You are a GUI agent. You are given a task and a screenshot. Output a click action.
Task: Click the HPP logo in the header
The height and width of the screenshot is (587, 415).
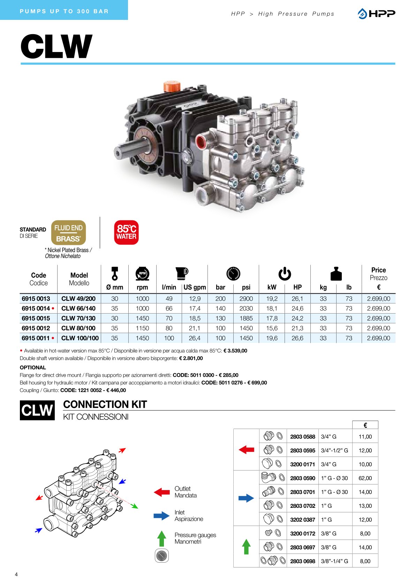pyautogui.click(x=376, y=14)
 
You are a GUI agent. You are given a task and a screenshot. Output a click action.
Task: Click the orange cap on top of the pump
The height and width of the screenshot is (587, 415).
pyautogui.click(x=172, y=86)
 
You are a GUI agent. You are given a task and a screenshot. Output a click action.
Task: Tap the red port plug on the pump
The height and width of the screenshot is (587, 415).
pyautogui.click(x=202, y=142)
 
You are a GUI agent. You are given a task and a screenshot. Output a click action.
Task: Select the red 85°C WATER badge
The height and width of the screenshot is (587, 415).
pyautogui.click(x=126, y=232)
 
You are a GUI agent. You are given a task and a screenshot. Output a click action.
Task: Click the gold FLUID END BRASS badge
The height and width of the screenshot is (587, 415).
pyautogui.click(x=68, y=233)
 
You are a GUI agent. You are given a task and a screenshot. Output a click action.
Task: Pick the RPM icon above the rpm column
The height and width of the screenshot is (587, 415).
pyautogui.click(x=142, y=274)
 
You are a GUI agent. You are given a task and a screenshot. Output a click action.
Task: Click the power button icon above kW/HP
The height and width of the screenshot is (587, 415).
pyautogui.click(x=285, y=273)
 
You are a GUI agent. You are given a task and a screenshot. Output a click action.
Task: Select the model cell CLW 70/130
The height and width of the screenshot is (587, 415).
pyautogui.click(x=78, y=318)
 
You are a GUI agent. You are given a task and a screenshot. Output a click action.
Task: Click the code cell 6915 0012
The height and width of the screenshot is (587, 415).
pyautogui.click(x=36, y=328)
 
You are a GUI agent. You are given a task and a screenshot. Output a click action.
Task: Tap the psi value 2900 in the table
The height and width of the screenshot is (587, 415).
pyautogui.click(x=246, y=299)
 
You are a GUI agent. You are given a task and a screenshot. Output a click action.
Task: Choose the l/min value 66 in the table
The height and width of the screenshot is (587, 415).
pyautogui.click(x=169, y=309)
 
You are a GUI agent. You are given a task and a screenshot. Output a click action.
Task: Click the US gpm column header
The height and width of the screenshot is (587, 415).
pyautogui.click(x=195, y=287)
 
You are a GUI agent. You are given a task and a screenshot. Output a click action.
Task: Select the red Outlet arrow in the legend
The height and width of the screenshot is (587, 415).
pyautogui.click(x=161, y=492)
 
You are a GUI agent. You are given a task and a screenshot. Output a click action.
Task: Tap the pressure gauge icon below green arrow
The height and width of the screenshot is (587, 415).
pyautogui.click(x=161, y=556)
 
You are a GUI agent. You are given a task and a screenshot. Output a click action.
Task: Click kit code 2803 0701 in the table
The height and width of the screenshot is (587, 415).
pyautogui.click(x=302, y=492)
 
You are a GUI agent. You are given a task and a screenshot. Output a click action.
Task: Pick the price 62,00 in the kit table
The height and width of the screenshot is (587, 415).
pyautogui.click(x=365, y=478)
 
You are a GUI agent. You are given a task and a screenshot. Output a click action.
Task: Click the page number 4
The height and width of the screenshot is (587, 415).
pyautogui.click(x=16, y=574)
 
